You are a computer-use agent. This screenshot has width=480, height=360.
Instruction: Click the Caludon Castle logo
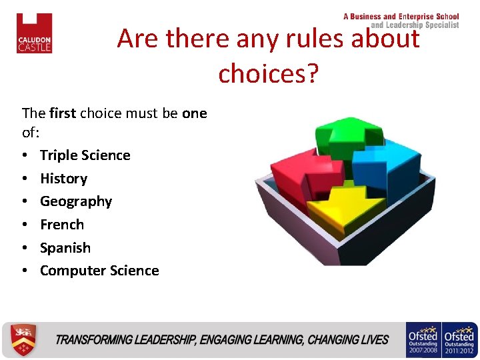pos(34,33)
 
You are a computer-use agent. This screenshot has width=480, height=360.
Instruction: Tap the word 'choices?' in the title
pos(269,73)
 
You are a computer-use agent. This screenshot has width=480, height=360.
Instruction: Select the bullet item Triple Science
pos(85,155)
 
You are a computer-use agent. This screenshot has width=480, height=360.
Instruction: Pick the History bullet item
pos(63,179)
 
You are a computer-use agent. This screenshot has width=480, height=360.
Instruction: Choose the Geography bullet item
pos(75,201)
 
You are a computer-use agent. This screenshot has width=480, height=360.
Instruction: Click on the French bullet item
pos(61,225)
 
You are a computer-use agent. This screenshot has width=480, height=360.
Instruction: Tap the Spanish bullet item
pos(65,248)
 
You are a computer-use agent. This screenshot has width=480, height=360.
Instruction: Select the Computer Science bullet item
pos(99,271)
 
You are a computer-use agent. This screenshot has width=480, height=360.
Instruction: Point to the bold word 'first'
pos(62,113)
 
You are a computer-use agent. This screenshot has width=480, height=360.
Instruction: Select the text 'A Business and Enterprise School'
pos(401,17)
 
